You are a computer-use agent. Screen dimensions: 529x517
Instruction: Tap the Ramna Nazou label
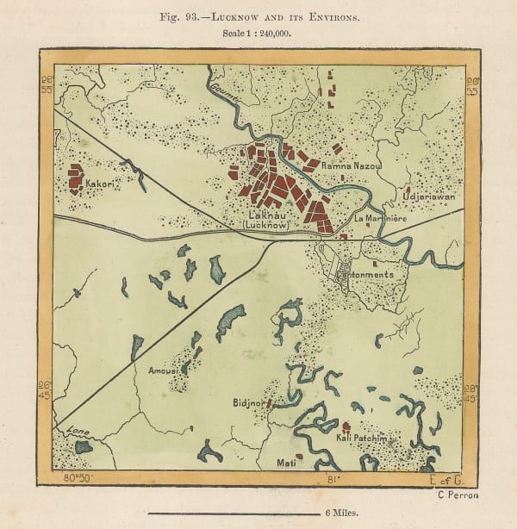346,163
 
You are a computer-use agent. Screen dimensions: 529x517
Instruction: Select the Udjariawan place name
428,196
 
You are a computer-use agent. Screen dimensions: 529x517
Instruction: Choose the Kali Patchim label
359,439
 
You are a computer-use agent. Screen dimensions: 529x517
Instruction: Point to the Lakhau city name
266,215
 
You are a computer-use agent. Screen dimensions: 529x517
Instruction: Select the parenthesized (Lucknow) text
266,225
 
